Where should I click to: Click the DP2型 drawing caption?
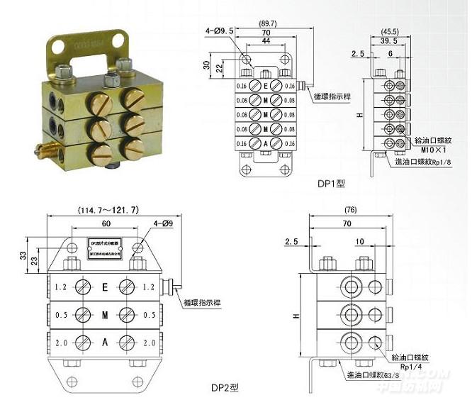225,387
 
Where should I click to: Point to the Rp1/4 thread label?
411,367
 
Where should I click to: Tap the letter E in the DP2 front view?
105,288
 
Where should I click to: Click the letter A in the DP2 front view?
105,343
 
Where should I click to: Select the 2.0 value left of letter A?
61,343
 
